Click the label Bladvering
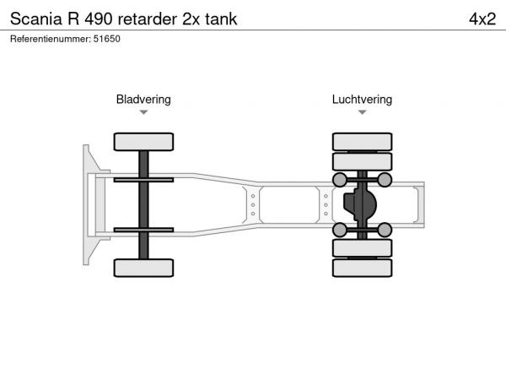point(143,100)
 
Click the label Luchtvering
point(362,100)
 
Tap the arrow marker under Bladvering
point(143,112)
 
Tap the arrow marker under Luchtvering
point(362,112)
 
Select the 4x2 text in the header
point(481,19)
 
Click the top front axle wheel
point(143,142)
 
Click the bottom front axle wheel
point(143,268)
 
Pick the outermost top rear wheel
point(362,141)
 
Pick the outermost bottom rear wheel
point(362,268)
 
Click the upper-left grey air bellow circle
point(340,180)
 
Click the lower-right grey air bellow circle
point(385,230)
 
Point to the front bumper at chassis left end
point(88,204)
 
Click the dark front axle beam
point(143,204)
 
